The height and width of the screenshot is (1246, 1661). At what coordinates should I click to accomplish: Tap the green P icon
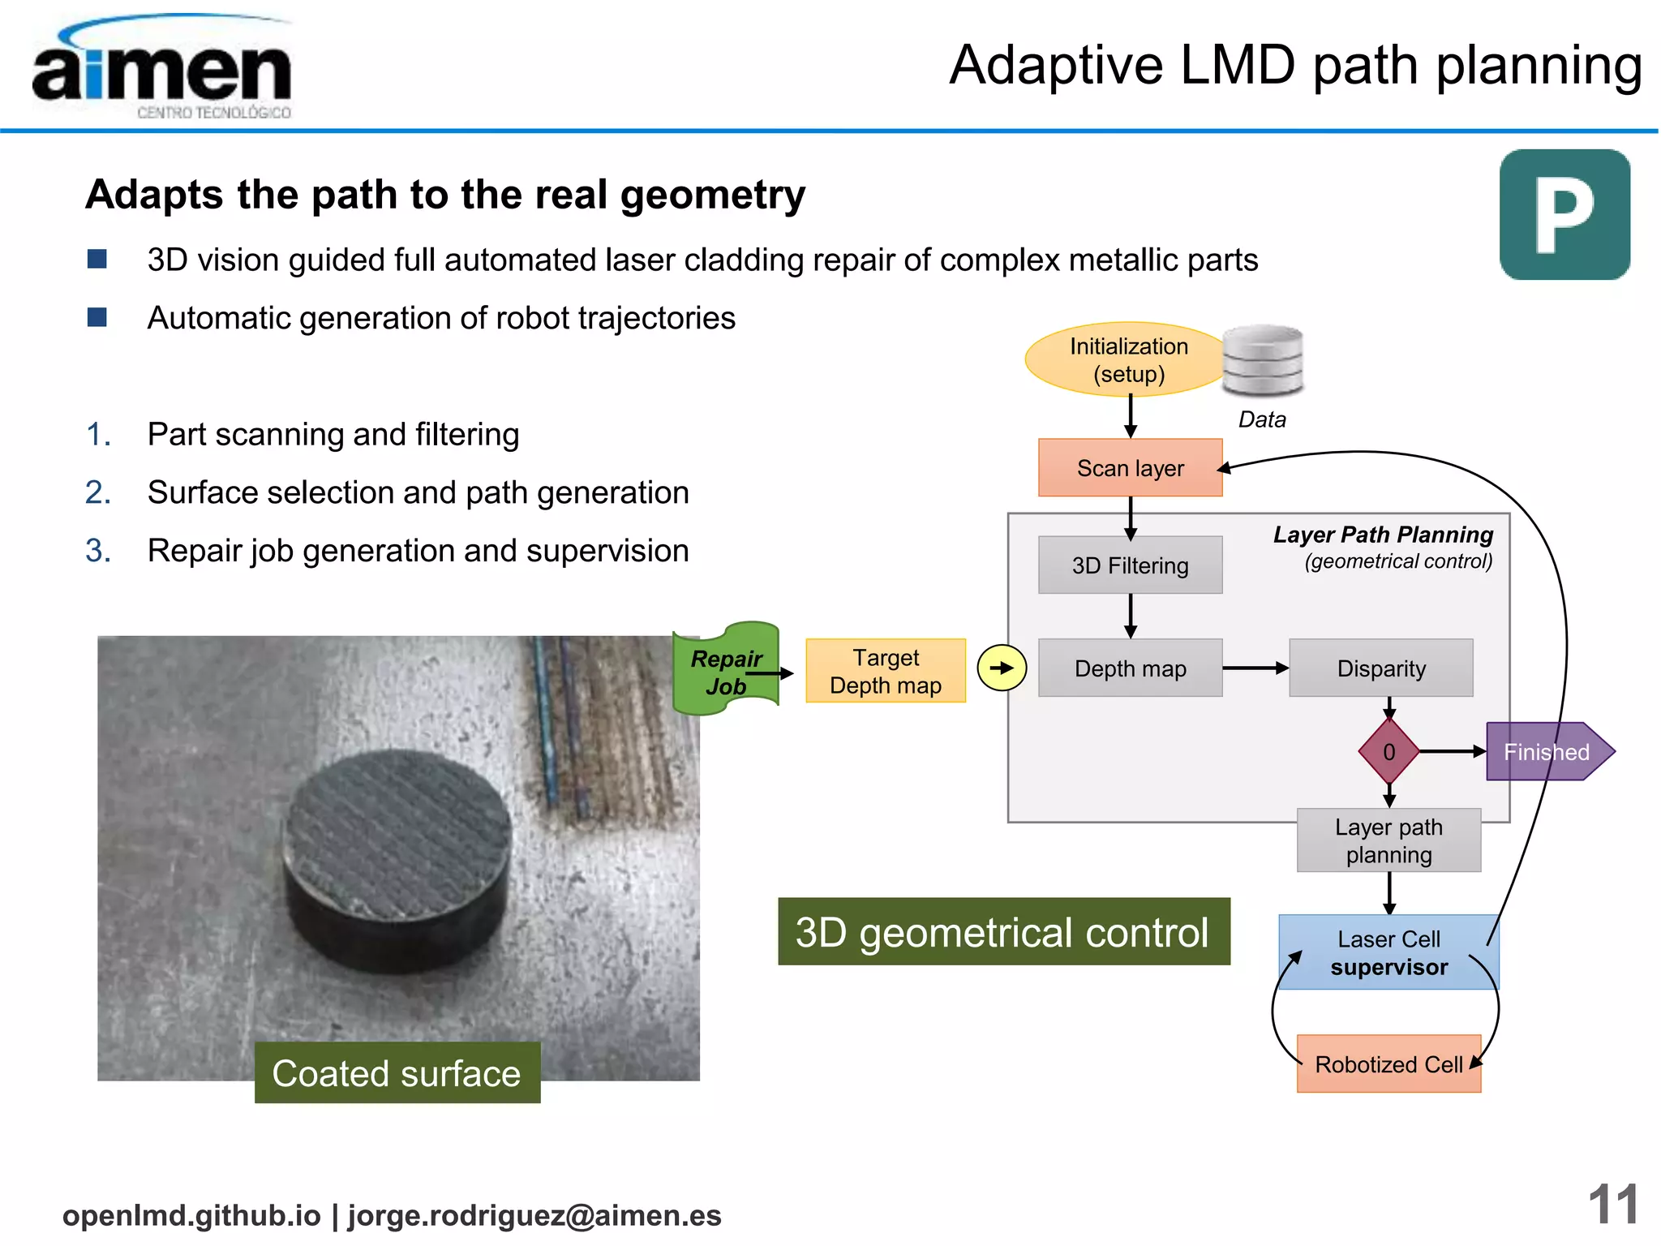coord(1564,215)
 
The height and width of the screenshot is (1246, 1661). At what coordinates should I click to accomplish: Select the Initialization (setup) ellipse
coord(1128,360)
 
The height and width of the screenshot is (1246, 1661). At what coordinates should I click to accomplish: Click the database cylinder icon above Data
coord(1262,360)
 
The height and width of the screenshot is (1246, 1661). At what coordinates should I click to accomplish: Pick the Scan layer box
coord(1130,468)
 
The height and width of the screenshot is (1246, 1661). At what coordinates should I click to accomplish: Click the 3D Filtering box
coord(1130,565)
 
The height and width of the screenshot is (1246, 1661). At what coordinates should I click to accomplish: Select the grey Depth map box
coord(1130,668)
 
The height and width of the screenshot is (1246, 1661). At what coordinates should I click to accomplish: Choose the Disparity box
coord(1380,668)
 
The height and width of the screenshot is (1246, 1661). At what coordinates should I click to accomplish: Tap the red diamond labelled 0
coord(1388,752)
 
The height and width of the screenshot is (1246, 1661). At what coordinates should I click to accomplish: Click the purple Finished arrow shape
coord(1545,752)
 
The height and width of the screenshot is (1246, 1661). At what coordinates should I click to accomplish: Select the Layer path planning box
coord(1388,840)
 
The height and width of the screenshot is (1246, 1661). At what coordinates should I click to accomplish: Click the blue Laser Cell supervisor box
coord(1388,952)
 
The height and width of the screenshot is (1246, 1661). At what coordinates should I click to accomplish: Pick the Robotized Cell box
coord(1388,1063)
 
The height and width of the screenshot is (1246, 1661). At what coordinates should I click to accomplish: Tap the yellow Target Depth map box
coord(885,671)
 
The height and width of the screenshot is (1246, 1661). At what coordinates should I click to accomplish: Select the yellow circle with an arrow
coord(1002,668)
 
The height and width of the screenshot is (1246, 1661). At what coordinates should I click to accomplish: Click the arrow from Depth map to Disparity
coord(1255,668)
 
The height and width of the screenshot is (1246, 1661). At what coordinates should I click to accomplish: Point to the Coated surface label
coord(397,1072)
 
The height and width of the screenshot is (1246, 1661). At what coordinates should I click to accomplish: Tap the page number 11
coord(1612,1205)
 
